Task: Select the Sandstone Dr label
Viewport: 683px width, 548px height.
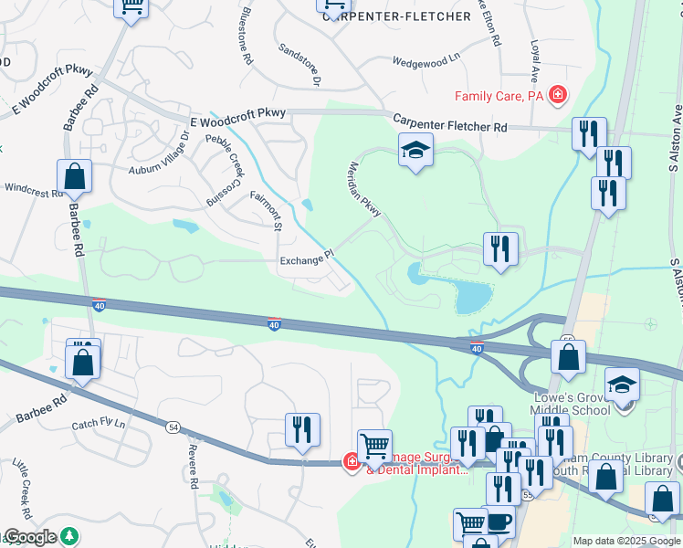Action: click(x=299, y=65)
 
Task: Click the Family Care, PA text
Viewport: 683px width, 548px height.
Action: click(x=499, y=95)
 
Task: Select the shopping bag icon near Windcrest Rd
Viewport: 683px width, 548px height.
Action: click(x=74, y=176)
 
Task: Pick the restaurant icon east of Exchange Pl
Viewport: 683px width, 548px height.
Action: click(x=499, y=249)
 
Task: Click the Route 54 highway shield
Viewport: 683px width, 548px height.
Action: click(x=171, y=427)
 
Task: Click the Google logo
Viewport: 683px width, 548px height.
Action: click(x=31, y=537)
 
